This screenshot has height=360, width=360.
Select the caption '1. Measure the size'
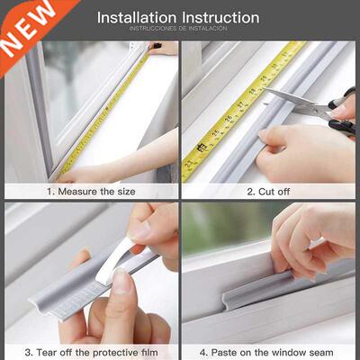[91, 191]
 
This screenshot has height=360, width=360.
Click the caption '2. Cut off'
[269, 191]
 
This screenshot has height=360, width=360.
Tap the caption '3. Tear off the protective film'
[91, 352]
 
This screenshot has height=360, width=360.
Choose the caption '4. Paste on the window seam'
[269, 352]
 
